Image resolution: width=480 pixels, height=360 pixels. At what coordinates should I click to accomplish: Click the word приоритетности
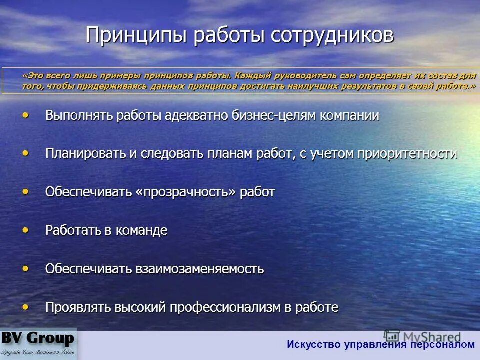(407, 154)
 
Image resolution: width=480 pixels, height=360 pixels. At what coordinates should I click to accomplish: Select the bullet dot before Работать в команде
(25, 230)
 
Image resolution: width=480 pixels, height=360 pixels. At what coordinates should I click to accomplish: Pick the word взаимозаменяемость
(199, 269)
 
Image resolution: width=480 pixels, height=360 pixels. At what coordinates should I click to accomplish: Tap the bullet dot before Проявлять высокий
(25, 307)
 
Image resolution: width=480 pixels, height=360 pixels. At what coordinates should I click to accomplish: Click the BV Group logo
(38, 339)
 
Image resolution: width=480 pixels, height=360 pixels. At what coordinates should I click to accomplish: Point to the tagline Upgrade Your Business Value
(38, 352)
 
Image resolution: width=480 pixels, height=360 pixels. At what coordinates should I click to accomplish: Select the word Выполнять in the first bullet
(79, 116)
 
